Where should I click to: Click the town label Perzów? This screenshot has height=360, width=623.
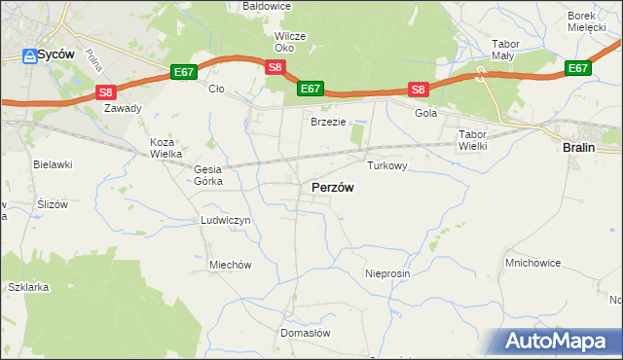pos(332,187)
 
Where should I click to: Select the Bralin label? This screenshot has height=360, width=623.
pos(580,147)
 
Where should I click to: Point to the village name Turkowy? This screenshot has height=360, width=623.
pos(385,166)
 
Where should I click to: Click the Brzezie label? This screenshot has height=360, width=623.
pos(329,122)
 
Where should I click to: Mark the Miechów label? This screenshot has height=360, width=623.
pos(231,265)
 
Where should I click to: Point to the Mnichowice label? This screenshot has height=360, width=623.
pos(531,263)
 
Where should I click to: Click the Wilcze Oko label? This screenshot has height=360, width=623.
pos(290,42)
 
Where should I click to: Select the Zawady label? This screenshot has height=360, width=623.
pos(124,109)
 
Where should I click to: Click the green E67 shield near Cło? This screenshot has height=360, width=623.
pos(185,71)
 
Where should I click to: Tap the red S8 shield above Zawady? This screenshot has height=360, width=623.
pos(107,92)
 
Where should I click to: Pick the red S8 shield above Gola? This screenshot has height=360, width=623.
pos(419,90)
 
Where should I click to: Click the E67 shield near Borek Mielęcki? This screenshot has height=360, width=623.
pos(578,68)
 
